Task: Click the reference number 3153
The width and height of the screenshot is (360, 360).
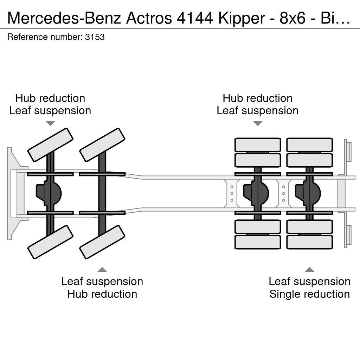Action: pos(95,37)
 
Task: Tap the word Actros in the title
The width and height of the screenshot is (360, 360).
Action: pos(149,18)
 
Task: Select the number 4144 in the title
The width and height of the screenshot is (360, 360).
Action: pos(195,18)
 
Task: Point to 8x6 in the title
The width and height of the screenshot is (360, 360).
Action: pos(292,18)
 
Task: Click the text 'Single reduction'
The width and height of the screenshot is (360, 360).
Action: pos(309,294)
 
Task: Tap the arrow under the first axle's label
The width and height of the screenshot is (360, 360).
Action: pos(50,123)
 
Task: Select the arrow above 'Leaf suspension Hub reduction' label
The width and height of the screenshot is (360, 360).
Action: pos(102,270)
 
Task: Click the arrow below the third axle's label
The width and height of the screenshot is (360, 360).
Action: pos(258,123)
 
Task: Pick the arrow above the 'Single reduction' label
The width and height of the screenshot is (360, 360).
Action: pos(309,270)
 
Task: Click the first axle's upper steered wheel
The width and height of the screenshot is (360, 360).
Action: pos(50,145)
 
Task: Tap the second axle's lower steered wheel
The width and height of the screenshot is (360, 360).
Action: pos(102,242)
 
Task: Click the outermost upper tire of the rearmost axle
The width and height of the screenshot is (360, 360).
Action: pos(309,145)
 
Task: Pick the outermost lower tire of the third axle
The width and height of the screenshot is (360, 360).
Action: pos(258,242)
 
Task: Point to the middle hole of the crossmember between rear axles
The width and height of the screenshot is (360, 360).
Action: pos(284,194)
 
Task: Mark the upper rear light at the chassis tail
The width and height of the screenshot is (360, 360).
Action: pos(348,152)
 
